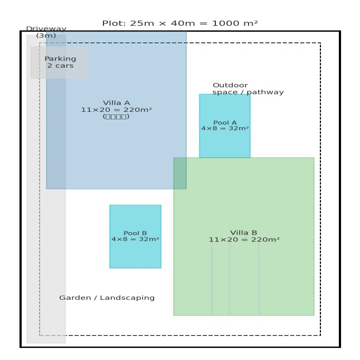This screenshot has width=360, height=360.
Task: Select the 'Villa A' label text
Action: tap(116, 103)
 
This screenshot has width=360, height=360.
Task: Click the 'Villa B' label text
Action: tap(243, 233)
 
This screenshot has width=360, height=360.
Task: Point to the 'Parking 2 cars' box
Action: tap(60, 62)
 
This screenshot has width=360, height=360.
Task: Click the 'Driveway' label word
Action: tap(46, 29)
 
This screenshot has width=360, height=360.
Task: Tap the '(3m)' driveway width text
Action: tap(46, 36)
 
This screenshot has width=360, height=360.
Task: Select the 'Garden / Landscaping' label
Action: tap(107, 298)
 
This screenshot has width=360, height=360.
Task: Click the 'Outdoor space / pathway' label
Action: tap(248, 89)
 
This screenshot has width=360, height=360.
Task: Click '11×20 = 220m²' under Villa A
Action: tap(116, 110)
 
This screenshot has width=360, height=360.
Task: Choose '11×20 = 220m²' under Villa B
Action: tap(243, 240)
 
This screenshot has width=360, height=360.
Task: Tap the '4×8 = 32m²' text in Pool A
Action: tap(224, 128)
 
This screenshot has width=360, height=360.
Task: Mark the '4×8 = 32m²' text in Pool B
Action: tap(135, 239)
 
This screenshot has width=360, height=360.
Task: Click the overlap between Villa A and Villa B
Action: tap(180, 173)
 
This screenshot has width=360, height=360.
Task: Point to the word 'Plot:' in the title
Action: tap(113, 23)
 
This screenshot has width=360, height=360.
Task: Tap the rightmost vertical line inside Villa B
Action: tap(259, 280)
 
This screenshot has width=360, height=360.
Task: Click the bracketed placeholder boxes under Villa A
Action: tap(116, 117)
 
